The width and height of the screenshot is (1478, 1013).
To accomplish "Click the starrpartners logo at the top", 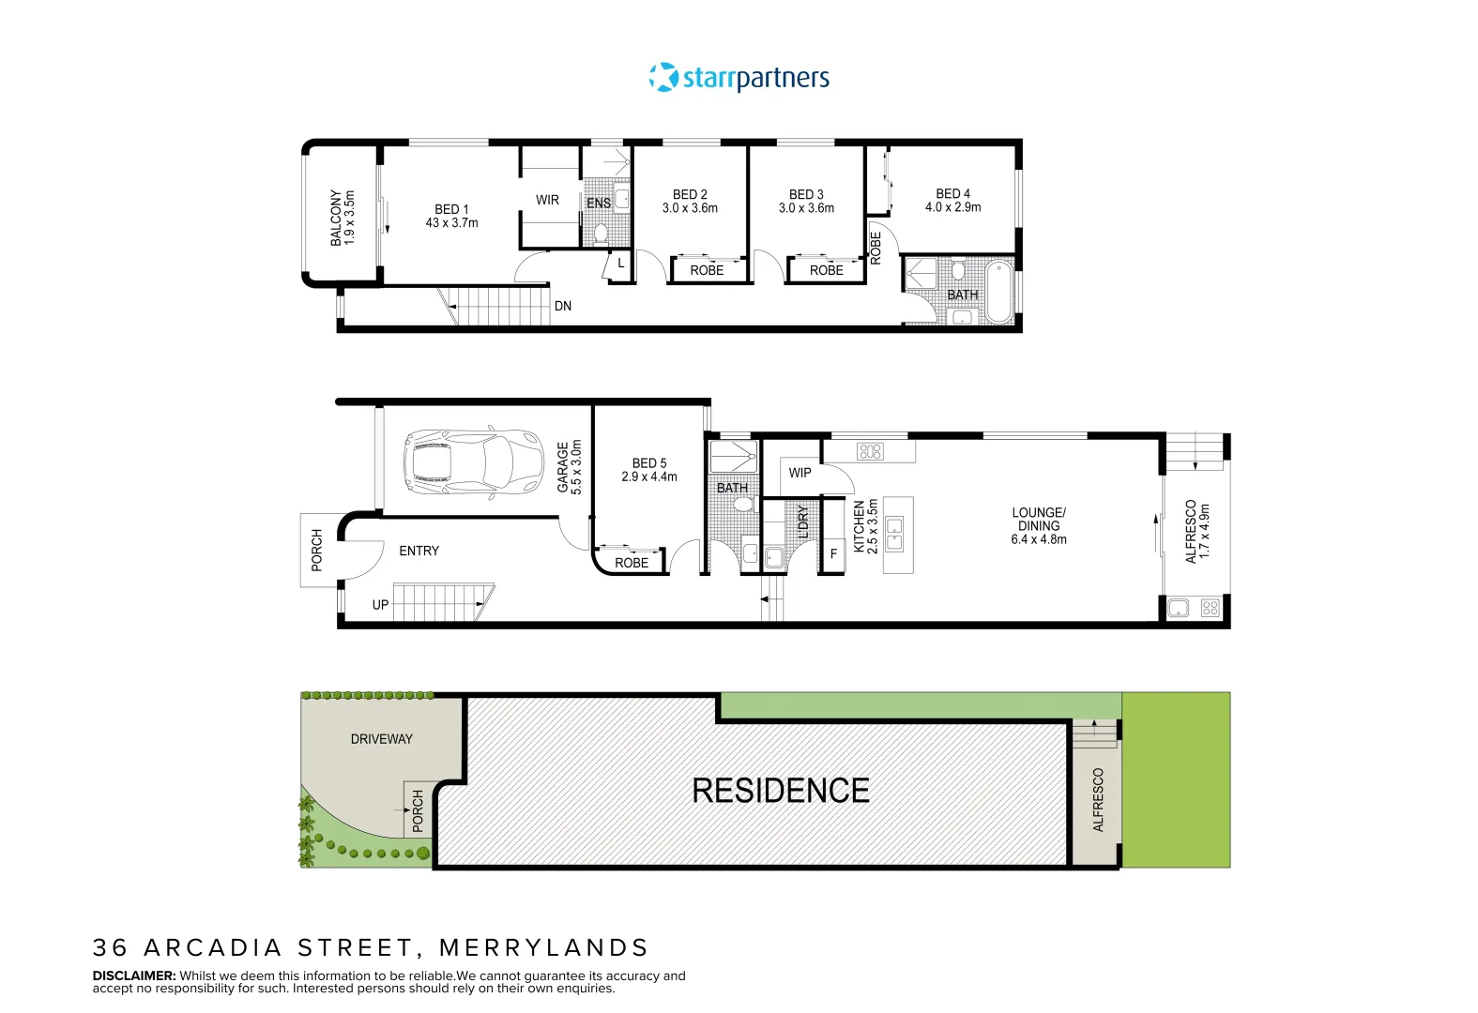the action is [739, 78].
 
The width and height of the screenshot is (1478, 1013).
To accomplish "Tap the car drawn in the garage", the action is [474, 461].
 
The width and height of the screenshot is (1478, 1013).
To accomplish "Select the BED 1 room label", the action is [451, 209].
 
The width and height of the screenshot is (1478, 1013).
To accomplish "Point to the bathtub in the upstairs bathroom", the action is [999, 292].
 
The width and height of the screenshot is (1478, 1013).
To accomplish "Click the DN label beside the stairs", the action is [563, 306].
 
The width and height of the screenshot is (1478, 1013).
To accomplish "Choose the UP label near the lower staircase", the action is [381, 605].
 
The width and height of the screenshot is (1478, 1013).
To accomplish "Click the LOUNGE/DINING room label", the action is [1039, 519].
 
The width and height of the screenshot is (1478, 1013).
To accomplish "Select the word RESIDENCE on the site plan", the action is [781, 791].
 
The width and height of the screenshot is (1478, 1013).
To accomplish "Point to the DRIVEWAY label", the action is [381, 739].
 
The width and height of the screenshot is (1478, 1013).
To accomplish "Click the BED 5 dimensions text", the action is [649, 476].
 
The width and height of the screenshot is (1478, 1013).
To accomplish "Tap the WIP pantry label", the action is [800, 473].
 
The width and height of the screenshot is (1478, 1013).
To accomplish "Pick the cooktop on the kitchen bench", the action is [870, 452].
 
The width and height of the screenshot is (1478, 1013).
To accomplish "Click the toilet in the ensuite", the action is [602, 234].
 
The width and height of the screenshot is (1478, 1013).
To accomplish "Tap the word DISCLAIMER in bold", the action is [134, 975].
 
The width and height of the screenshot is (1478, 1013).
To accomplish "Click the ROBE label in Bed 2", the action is [707, 270].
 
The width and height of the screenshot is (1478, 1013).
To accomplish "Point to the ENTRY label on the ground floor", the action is [419, 551].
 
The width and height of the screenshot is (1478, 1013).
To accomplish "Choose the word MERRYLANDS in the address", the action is [543, 947].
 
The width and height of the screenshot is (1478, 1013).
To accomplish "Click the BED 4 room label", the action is [952, 194].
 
